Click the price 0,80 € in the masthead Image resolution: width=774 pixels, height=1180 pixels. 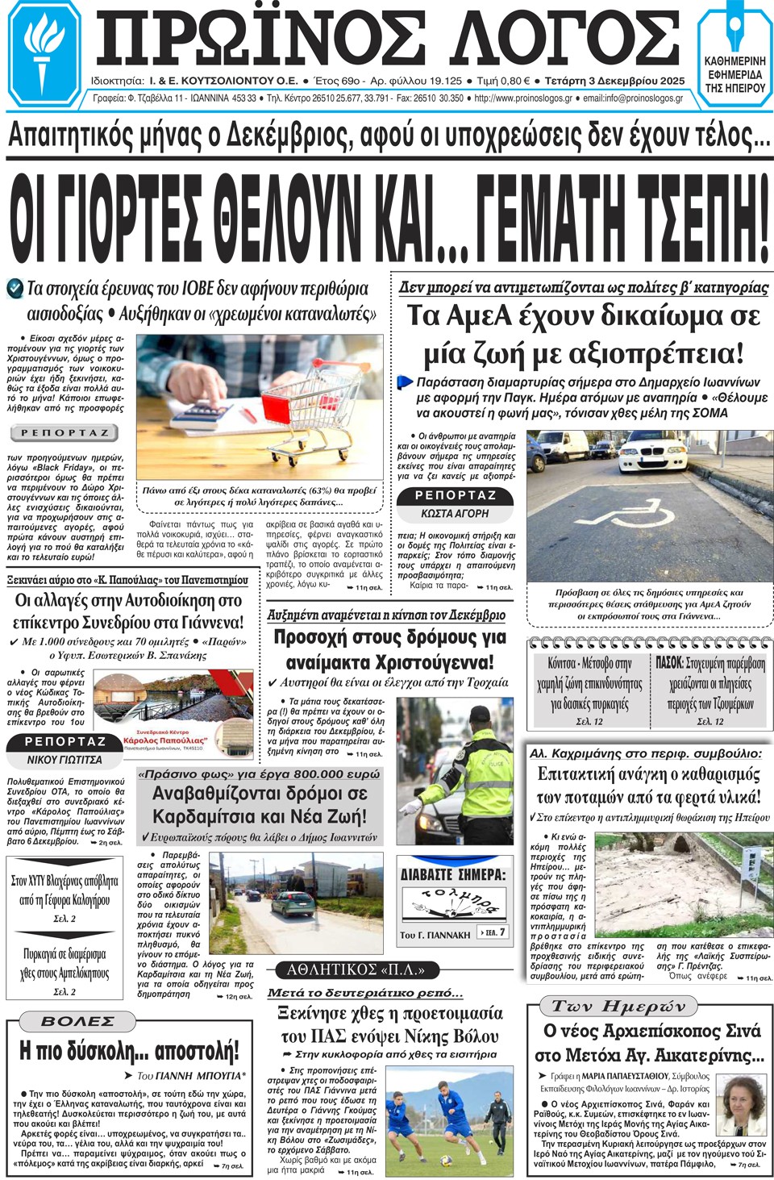point(513,81)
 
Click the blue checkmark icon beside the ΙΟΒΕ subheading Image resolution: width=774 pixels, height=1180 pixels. point(15,287)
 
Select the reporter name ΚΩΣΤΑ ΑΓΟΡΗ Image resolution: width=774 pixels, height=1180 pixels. point(455,513)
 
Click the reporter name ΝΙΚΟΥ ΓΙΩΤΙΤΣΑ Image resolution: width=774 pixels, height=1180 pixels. point(64,760)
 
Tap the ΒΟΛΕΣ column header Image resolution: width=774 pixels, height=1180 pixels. point(77,1021)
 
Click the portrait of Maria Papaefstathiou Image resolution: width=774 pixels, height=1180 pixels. point(742,1102)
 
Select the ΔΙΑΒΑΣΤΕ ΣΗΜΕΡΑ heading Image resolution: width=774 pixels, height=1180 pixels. point(453,874)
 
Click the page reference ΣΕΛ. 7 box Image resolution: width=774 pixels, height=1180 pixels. point(493,932)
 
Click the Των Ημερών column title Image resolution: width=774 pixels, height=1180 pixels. point(619,1006)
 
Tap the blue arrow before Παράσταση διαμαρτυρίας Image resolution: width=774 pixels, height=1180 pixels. point(405,382)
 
